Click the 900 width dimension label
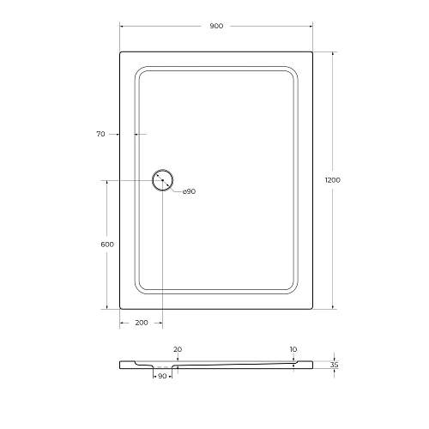pyautogui.click(x=215, y=27)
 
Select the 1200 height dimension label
pyautogui.click(x=333, y=179)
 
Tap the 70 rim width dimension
pyautogui.click(x=100, y=134)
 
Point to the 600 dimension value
pyautogui.click(x=107, y=245)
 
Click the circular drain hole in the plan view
pyautogui.click(x=162, y=180)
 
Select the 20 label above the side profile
pyautogui.click(x=178, y=349)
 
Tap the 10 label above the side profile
pyautogui.click(x=293, y=349)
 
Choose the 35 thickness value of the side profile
pyautogui.click(x=335, y=365)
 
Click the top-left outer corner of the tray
pyautogui.click(x=120, y=51)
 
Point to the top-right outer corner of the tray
pyautogui.click(x=311, y=51)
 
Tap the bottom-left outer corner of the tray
pyautogui.click(x=120, y=308)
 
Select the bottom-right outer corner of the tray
pyautogui.click(x=311, y=308)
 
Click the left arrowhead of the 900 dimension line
pyautogui.click(x=122, y=27)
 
